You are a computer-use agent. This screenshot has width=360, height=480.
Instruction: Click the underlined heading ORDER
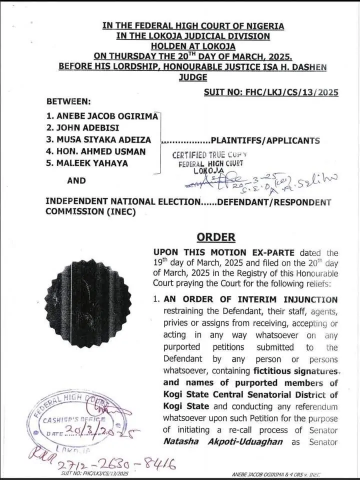click(x=216, y=237)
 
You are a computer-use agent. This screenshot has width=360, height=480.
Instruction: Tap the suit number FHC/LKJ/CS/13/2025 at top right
click(x=271, y=92)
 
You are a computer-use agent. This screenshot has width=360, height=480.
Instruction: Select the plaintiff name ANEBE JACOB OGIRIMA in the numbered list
click(x=102, y=116)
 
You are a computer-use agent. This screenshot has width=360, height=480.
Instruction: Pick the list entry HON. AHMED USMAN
click(x=96, y=151)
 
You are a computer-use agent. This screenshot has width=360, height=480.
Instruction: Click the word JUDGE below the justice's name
click(x=192, y=77)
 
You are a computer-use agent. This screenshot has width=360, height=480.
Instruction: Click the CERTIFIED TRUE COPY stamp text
click(x=209, y=155)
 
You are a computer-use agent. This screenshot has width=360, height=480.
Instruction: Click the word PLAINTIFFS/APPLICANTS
click(x=265, y=140)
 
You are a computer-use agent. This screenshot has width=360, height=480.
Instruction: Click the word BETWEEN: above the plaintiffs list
click(x=68, y=101)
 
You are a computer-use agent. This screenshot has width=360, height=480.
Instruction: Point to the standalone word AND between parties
click(x=76, y=180)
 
